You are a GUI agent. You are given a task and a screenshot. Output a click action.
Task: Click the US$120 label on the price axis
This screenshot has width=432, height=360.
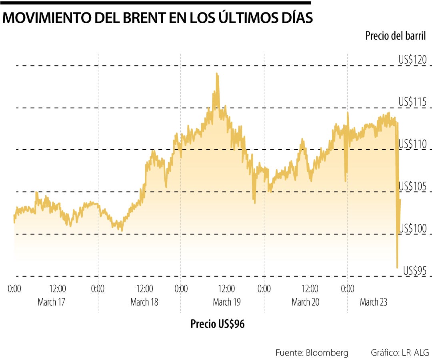(x=412, y=60)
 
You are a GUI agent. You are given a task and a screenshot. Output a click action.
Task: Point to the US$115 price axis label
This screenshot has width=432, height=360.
(x=412, y=102)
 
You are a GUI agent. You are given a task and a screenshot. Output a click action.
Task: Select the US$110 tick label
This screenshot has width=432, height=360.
(x=412, y=144)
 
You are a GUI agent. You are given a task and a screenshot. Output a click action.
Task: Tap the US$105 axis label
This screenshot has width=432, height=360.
(x=412, y=186)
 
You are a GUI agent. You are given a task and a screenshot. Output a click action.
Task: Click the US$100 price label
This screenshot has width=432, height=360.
(x=412, y=228)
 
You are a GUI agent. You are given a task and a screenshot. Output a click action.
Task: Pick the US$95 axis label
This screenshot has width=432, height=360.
(x=415, y=271)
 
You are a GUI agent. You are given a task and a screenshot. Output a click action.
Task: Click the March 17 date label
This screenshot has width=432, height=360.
(x=51, y=302)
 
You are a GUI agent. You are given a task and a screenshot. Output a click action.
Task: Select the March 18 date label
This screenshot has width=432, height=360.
(x=144, y=302)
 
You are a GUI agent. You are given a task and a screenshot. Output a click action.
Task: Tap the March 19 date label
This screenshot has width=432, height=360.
(x=227, y=302)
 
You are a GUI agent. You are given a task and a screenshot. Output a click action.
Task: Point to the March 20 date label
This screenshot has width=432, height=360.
(x=306, y=302)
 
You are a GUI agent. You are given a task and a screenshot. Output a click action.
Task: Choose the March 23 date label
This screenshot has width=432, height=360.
(x=374, y=302)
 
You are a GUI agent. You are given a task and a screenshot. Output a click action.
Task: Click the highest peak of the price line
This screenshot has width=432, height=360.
(x=217, y=74)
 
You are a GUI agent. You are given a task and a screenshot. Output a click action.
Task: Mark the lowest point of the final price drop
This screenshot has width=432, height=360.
(x=397, y=267)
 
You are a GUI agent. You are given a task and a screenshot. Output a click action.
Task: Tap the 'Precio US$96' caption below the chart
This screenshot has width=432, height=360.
(x=217, y=324)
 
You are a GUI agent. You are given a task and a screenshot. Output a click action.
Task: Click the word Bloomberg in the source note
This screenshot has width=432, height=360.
(x=327, y=352)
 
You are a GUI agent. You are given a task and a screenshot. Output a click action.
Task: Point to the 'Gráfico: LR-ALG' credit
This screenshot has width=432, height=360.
(x=400, y=352)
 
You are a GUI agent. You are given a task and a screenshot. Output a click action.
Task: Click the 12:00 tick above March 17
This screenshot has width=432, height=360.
(x=58, y=289)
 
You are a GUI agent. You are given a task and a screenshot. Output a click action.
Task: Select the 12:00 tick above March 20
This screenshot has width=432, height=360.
(x=310, y=289)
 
